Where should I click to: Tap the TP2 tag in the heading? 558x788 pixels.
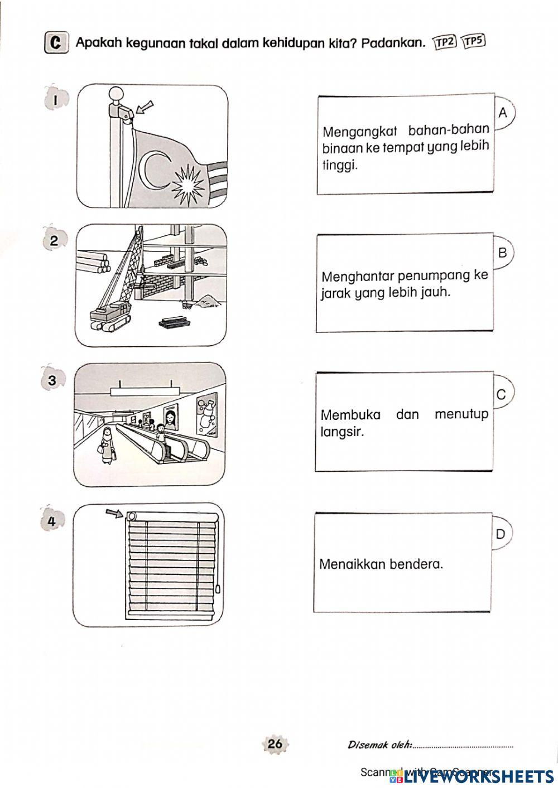tap(445, 42)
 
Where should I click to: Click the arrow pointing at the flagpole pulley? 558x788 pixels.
tap(145, 107)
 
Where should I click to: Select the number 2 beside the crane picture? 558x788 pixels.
tap(54, 241)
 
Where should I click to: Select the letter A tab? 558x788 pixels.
tap(503, 113)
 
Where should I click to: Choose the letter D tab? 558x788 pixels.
tap(501, 534)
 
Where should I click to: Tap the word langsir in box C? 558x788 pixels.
tap(342, 432)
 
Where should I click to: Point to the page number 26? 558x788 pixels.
tap(275, 743)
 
